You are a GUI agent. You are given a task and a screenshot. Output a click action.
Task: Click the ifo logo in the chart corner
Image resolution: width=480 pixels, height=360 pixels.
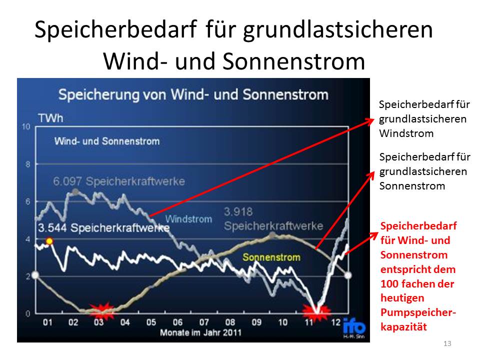[354, 327]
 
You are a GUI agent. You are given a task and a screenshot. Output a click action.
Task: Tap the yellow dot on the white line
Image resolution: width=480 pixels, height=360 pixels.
[49, 241]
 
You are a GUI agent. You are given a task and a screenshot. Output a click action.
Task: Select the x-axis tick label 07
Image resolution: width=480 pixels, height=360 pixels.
[204, 322]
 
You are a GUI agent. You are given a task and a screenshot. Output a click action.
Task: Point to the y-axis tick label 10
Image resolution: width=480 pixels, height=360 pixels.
[26, 126]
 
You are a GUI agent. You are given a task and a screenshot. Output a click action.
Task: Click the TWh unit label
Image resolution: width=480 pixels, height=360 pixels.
[50, 118]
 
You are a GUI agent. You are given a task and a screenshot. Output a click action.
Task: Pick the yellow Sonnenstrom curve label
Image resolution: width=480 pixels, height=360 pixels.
[271, 257]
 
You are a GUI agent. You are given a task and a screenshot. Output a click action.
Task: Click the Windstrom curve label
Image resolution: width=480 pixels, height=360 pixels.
[188, 219]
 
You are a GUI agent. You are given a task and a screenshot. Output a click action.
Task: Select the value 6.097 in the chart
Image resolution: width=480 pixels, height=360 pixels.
[67, 181]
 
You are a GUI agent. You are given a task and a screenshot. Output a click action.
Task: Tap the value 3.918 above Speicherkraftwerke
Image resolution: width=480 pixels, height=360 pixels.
[238, 211]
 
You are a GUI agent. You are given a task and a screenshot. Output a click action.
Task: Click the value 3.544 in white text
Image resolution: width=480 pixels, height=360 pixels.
[52, 228]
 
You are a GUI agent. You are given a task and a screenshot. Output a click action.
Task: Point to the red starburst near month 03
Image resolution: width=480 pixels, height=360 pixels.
[101, 311]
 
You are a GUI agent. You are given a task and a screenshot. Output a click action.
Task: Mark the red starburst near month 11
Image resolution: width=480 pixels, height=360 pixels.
[316, 312]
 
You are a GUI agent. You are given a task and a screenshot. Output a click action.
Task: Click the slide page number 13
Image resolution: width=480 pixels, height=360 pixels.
[447, 343]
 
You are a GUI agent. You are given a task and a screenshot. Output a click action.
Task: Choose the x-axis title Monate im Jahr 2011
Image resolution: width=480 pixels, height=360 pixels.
[201, 332]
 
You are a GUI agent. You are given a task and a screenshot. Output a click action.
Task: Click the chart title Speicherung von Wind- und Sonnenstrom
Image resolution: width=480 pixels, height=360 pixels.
[193, 94]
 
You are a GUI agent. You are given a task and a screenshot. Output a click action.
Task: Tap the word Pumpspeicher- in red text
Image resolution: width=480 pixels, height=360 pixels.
[418, 312]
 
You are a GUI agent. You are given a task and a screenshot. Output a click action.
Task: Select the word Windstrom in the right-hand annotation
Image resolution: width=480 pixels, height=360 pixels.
[406, 133]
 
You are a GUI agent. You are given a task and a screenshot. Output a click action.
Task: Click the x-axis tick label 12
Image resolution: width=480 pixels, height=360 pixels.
[335, 322]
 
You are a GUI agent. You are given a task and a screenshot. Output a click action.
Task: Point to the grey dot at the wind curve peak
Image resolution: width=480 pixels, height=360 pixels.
[75, 192]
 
